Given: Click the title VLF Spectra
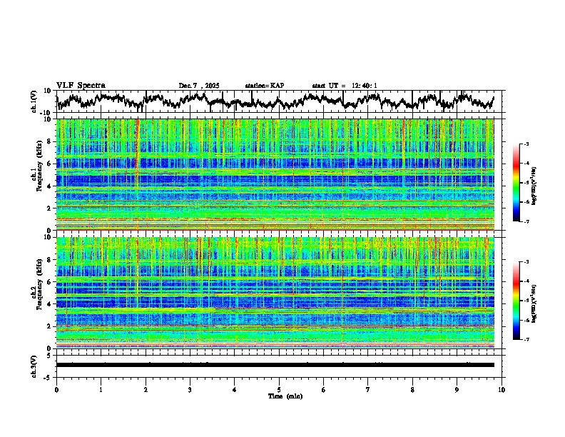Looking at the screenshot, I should tap(81, 85).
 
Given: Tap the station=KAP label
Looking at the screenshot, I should tap(264, 86).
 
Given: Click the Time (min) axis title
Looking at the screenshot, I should tap(281, 396).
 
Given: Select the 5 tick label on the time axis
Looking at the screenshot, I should tap(280, 390).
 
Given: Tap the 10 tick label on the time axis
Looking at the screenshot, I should tap(502, 390).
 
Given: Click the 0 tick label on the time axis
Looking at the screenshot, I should tap(56, 390).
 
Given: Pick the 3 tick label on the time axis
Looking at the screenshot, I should tap(190, 390).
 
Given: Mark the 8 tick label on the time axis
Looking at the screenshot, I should tap(413, 390).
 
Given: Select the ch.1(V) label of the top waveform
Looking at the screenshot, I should tap(34, 101).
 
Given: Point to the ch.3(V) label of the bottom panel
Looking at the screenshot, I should tap(34, 364).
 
